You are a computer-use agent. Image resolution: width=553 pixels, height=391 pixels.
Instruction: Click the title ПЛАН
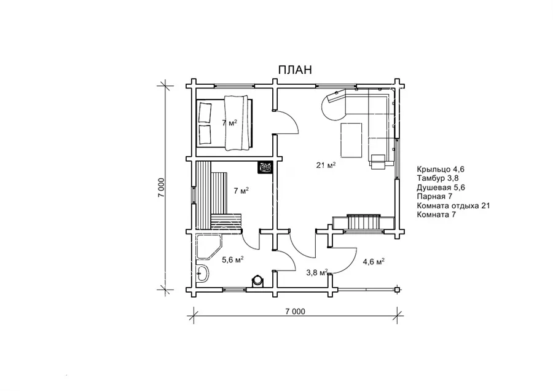[295, 69]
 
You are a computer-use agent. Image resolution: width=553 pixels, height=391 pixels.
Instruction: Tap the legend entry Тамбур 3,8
[437, 178]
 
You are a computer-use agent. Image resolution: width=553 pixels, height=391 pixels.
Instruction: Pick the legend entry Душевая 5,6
[441, 188]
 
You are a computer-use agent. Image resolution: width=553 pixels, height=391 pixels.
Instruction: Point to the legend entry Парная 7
[434, 196]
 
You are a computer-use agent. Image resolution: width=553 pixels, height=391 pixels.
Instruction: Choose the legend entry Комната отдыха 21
[453, 206]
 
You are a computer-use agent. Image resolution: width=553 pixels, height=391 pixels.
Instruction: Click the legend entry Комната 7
[436, 215]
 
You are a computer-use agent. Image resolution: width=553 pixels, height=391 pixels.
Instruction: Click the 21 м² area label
[326, 165]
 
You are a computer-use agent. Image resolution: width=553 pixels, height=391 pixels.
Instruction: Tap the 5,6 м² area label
[233, 260]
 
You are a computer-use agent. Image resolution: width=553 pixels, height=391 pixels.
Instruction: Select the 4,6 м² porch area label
[374, 261]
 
